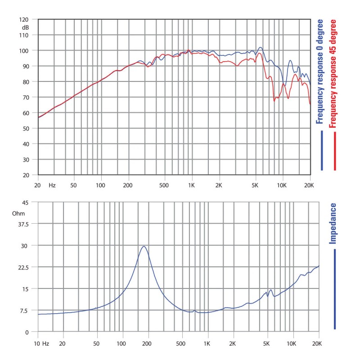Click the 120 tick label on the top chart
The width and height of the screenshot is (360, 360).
(x=23, y=20)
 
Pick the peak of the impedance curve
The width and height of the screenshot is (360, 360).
(x=144, y=246)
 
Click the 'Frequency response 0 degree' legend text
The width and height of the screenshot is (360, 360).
(x=320, y=71)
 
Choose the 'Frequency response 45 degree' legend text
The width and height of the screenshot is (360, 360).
(x=333, y=73)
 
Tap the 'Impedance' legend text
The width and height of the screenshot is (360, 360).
(x=333, y=224)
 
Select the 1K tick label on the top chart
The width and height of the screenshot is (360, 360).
(x=192, y=185)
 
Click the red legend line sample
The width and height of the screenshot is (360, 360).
(x=335, y=151)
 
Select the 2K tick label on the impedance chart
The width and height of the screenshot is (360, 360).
(x=233, y=343)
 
